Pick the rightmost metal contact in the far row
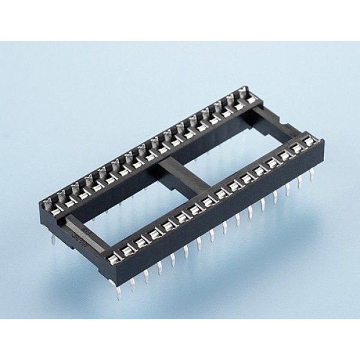pos(243,93)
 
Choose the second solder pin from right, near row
pos(299,182)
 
